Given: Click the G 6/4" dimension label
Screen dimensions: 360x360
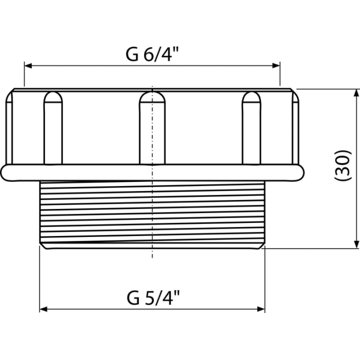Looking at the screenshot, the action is (x=152, y=54).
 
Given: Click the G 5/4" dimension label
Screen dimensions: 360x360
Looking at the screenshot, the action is (x=153, y=298).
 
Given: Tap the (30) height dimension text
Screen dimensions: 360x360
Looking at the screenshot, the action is (x=343, y=165).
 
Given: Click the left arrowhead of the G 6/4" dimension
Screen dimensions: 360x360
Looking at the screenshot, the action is (x=28, y=65).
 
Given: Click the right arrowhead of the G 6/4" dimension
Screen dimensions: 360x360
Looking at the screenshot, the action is (x=276, y=65).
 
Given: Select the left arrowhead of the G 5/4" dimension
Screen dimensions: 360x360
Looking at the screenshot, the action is (x=43, y=309).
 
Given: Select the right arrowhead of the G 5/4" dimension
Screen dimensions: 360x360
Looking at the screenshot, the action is (x=261, y=309).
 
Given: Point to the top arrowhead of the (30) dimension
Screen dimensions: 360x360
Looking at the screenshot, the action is (x=356, y=93).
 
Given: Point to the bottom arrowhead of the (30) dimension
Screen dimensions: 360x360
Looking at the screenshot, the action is (x=356, y=244).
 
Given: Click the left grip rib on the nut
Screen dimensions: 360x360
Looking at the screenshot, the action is (x=53, y=128).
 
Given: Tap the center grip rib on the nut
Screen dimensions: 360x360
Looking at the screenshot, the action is (x=152, y=128).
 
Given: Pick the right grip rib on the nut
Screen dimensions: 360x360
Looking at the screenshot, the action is (x=251, y=128).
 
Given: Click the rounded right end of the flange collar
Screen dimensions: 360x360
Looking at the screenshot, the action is (x=300, y=172).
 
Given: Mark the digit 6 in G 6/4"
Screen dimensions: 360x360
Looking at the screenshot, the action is (x=148, y=55).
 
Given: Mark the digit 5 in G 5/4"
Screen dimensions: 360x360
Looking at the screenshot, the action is (x=149, y=298).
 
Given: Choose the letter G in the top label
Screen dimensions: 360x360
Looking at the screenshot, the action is (x=132, y=55).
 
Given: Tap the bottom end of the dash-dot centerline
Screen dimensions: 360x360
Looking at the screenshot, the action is (x=152, y=257).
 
